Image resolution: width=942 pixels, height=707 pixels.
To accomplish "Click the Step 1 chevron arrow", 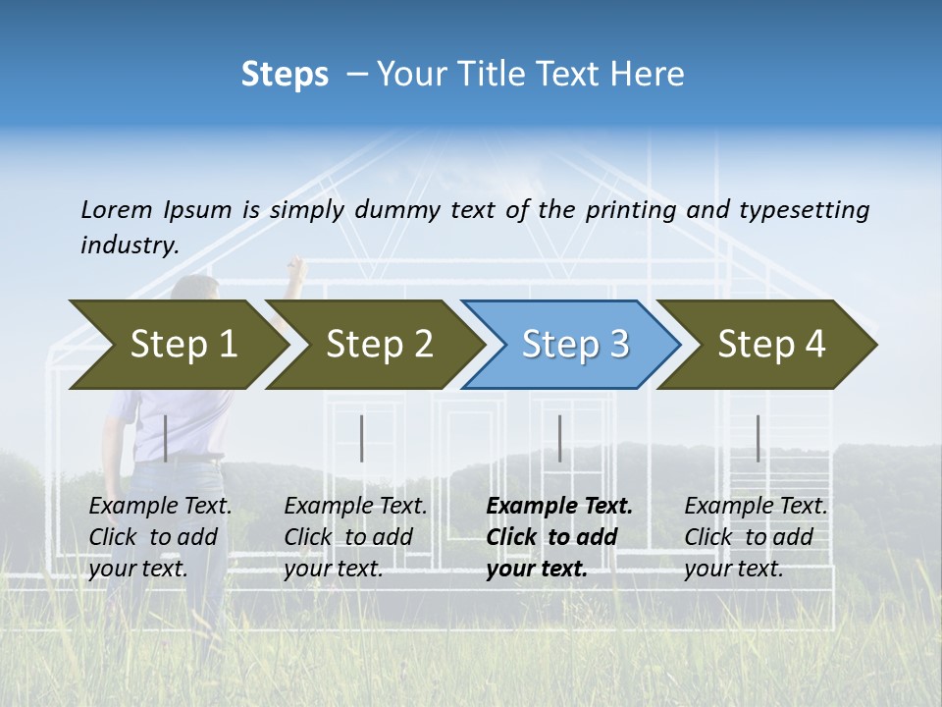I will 182,345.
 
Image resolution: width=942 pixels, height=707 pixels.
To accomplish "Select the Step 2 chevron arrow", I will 378,345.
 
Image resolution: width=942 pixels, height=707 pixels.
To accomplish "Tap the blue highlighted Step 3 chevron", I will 574,345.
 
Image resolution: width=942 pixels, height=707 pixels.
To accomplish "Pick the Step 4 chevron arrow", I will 770,345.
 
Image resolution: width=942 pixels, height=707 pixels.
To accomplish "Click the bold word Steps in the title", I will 285,75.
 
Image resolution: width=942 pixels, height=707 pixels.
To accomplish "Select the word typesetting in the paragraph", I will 804,210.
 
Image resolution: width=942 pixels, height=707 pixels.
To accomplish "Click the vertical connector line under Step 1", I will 166,438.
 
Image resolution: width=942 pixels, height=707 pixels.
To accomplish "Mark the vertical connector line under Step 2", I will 362,438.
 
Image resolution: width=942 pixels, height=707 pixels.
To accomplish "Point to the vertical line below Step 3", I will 560,438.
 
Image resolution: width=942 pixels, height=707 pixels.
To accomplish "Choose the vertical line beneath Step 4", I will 758,438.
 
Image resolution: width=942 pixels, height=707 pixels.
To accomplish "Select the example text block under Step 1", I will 160,537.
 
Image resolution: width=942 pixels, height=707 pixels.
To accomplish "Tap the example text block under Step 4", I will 756,537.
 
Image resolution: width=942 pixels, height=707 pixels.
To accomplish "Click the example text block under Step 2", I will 355,537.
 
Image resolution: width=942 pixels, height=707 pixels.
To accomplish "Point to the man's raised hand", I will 295,266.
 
